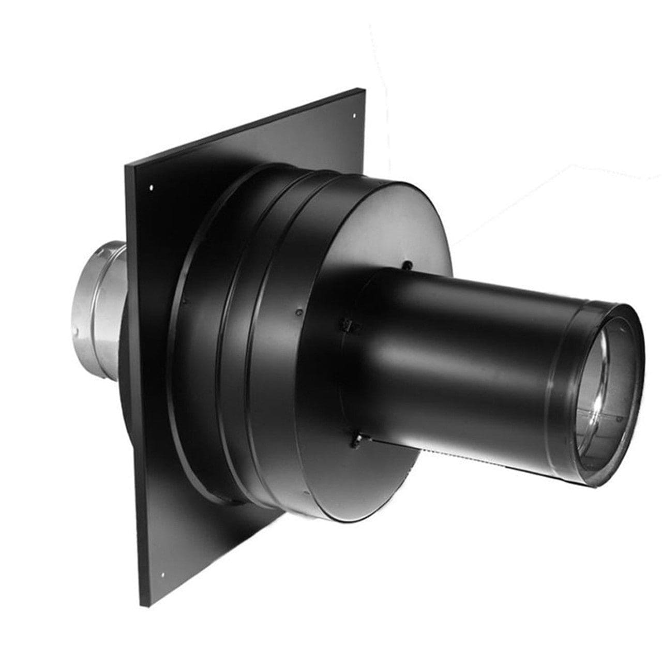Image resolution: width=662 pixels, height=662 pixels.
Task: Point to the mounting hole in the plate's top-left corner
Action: click(x=151, y=188)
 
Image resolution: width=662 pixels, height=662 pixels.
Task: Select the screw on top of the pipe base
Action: click(x=408, y=265)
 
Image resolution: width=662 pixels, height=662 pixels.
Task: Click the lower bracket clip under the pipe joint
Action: click(x=357, y=441)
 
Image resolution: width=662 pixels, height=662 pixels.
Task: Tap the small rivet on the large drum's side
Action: click(x=298, y=312)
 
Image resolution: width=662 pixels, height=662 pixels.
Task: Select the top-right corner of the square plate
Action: click(x=364, y=89)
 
